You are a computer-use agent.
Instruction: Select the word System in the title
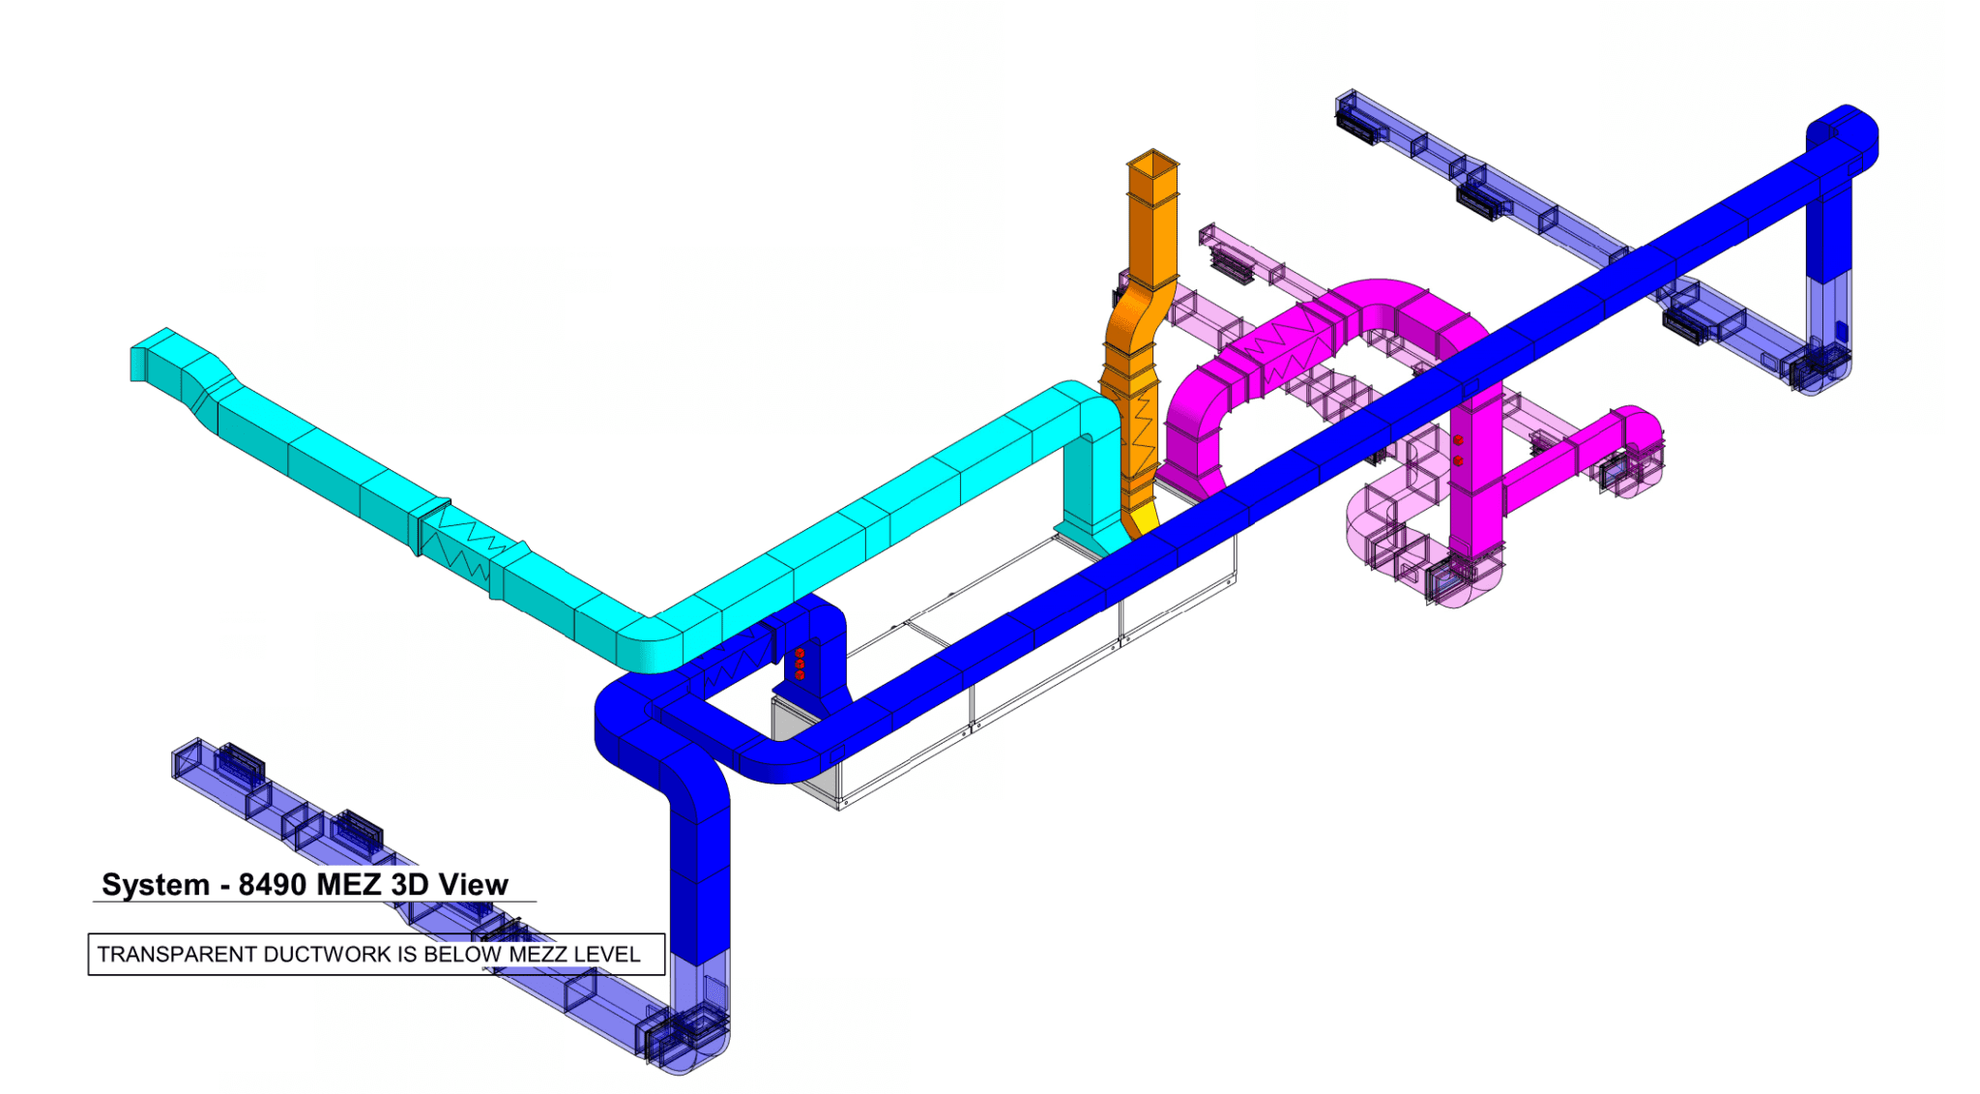(x=156, y=886)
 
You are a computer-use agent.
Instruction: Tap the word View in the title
(x=473, y=885)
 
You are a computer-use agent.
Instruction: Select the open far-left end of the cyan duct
(x=136, y=364)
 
